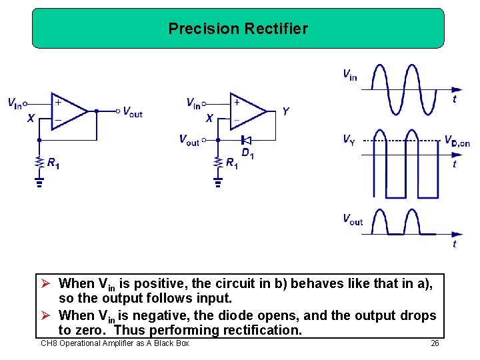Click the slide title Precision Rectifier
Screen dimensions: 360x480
click(238, 29)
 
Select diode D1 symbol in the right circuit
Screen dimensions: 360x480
click(245, 140)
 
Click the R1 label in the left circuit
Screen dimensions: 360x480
click(53, 163)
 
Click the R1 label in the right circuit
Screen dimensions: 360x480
click(231, 163)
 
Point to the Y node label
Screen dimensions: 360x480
click(285, 111)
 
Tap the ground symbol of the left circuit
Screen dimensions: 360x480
click(39, 180)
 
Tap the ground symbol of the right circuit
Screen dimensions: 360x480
click(217, 180)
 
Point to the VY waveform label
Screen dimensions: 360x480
click(349, 139)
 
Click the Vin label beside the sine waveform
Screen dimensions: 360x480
click(349, 75)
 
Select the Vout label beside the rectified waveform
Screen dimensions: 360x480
click(352, 219)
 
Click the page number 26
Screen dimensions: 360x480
click(435, 343)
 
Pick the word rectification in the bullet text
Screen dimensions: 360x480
click(263, 330)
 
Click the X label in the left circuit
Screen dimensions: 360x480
click(31, 119)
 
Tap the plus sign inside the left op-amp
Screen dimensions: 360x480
click(58, 103)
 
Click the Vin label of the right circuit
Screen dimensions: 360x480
click(193, 103)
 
